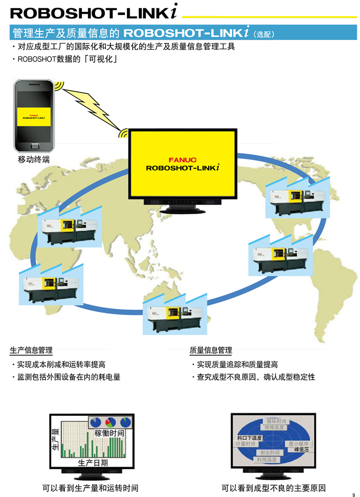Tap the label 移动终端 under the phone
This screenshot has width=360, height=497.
pos(34,160)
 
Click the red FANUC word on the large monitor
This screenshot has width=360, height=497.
pos(183,159)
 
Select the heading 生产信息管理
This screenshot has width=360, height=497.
pos(31,351)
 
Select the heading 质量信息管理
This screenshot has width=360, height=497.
pos(211,351)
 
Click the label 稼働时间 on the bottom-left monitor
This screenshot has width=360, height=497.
pos(109,433)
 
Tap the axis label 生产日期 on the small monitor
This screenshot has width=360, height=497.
pos(93,463)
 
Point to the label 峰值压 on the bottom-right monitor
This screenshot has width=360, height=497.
pos(301,449)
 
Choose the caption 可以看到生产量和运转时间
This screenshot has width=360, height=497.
pos(90,488)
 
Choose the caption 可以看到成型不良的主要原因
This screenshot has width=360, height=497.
pos(274,488)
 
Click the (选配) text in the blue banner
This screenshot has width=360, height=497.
pos(264,34)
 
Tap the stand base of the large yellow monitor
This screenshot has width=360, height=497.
pos(183,209)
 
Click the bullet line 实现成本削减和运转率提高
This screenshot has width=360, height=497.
pos(61,364)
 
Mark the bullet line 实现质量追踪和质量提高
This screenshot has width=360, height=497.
pos(237,364)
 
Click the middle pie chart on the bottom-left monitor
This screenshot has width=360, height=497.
pos(111,422)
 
